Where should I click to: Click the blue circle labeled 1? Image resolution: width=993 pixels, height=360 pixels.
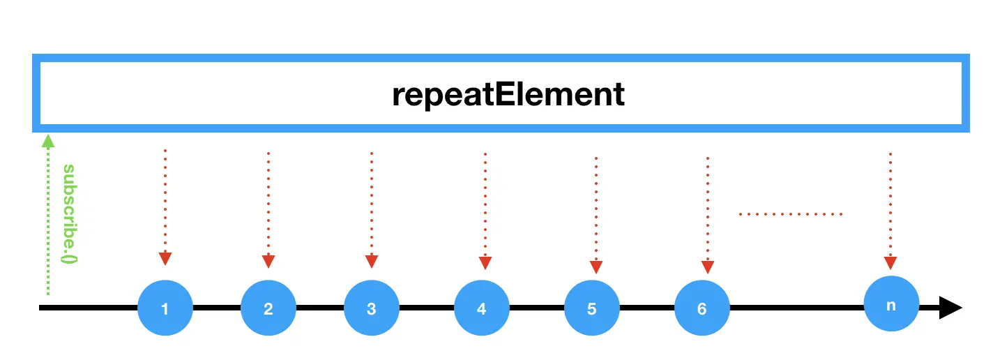click(165, 308)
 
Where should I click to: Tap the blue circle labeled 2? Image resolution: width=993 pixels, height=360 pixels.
click(268, 308)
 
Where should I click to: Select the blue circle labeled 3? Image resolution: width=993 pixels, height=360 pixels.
click(371, 308)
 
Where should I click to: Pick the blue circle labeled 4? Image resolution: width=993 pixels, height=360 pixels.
click(481, 308)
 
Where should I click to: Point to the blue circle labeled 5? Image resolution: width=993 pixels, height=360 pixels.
click(591, 308)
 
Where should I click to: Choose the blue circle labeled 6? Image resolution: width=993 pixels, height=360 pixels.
click(702, 308)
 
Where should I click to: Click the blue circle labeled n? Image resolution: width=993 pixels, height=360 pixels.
click(890, 303)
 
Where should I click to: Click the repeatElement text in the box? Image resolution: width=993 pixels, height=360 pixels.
click(508, 94)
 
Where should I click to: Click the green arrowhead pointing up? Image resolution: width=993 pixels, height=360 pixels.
click(47, 140)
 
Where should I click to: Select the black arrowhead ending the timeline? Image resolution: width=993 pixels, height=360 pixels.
click(950, 308)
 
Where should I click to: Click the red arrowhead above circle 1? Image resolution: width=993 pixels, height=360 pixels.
click(165, 258)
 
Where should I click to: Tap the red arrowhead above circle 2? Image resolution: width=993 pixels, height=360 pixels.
click(268, 261)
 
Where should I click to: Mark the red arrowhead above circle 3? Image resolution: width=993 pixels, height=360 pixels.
click(372, 261)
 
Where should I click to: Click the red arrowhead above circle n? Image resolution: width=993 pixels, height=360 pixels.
click(890, 262)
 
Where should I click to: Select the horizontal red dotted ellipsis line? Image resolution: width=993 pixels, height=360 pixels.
click(791, 213)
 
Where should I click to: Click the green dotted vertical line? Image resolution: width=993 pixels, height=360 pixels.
click(47, 223)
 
